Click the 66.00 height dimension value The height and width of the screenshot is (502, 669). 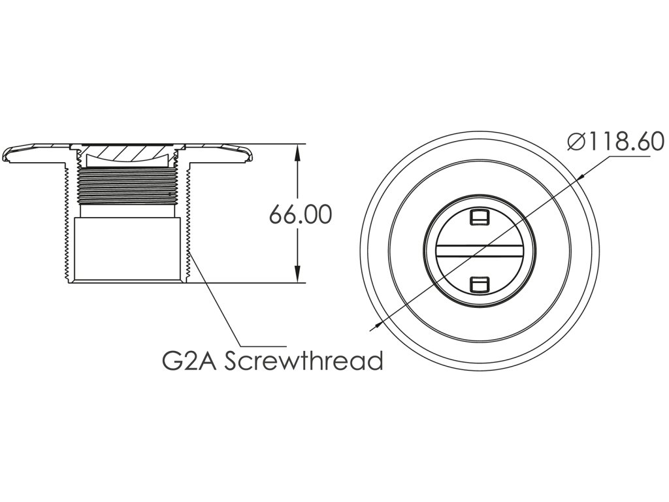300,214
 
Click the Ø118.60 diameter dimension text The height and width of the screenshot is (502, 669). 615,142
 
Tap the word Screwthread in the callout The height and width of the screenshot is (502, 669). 304,360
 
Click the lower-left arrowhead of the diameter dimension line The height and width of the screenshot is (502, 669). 378,324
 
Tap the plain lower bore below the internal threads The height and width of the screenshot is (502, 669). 127,248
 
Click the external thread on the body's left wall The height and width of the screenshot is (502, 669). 67,222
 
